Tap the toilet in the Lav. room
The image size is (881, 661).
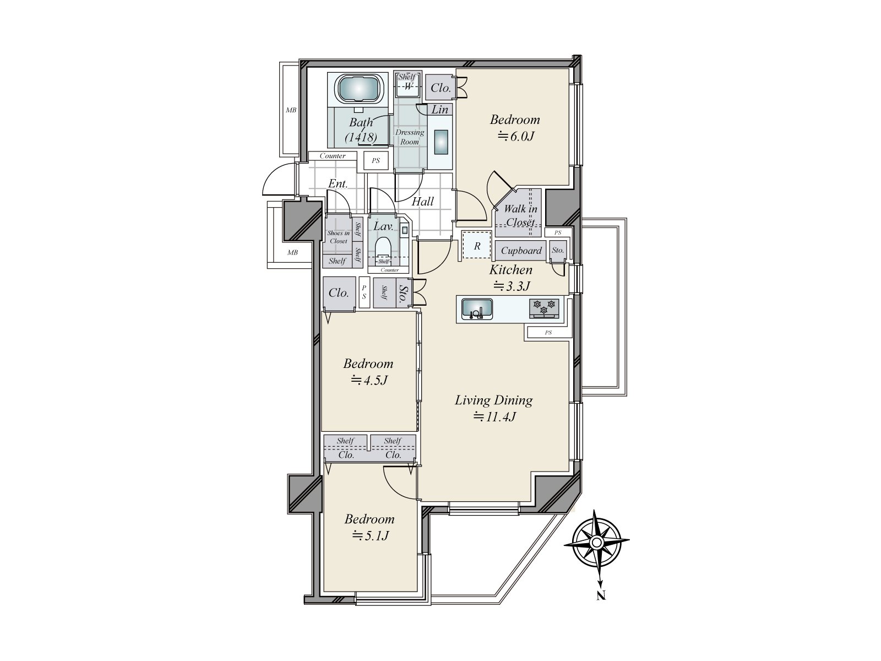click(383, 246)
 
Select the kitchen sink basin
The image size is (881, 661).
click(477, 309)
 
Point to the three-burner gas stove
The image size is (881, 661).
click(544, 308)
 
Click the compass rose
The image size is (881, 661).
click(596, 543)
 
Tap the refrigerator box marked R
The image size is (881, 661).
click(476, 245)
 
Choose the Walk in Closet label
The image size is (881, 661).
click(520, 215)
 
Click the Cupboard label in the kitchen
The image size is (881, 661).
click(521, 251)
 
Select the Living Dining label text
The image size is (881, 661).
click(494, 400)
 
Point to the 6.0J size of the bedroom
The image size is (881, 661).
click(516, 137)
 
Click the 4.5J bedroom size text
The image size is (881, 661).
click(369, 380)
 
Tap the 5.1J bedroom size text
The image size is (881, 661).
click(371, 535)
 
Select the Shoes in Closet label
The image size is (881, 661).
click(338, 237)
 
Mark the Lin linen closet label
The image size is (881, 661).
click(440, 110)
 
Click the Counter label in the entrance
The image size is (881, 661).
click(333, 156)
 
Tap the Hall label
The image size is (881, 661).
click(423, 201)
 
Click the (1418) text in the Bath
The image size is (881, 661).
click(361, 138)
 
